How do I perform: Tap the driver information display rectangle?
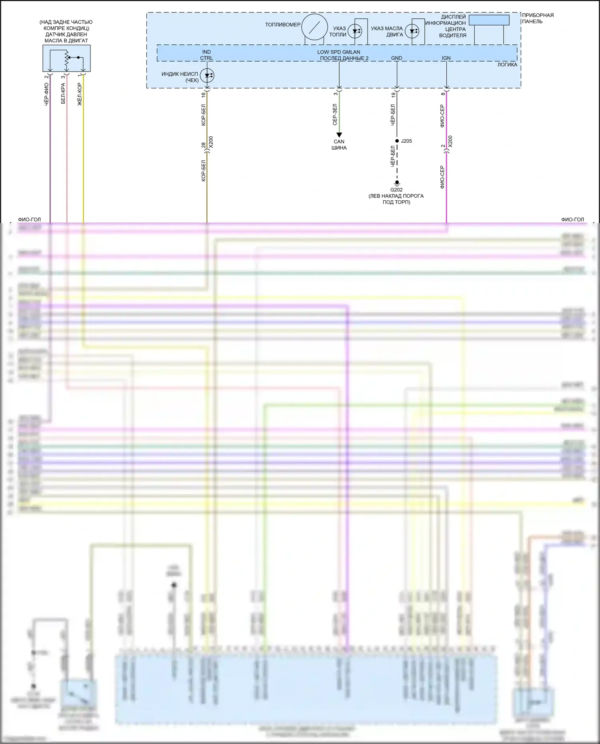489,20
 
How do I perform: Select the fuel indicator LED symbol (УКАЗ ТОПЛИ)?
355,31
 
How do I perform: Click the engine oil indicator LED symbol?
412,31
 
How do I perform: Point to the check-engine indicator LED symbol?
207,75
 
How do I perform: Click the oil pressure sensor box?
66,58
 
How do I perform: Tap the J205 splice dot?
397,141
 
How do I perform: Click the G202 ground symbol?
397,183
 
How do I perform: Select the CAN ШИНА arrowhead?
339,135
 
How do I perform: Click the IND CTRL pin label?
206,55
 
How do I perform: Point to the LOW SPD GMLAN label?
339,52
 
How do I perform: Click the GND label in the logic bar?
396,58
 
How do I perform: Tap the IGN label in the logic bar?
446,58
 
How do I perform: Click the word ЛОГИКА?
507,65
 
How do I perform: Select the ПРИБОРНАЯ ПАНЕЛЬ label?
538,18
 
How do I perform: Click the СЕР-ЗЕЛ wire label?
335,115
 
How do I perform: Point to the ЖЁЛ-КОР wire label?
79,94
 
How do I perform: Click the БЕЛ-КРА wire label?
63,94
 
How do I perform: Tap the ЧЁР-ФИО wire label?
46,94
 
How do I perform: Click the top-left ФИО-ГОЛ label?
29,219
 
